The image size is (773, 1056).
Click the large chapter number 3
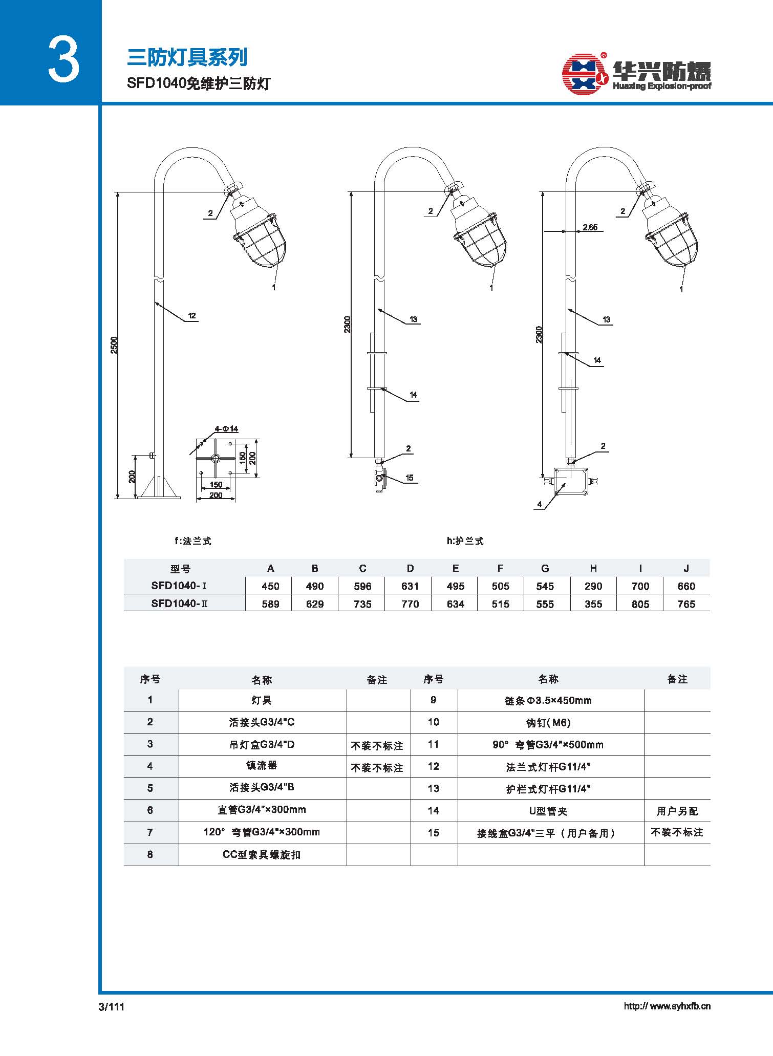pos(64,60)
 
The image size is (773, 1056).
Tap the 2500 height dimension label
pos(114,345)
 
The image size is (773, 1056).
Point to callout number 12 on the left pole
pos(192,316)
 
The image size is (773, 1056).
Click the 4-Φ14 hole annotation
pos(226,429)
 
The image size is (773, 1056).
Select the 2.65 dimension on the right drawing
pos(590,227)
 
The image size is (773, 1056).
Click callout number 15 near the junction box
pos(410,478)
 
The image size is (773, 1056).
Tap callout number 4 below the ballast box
pos(540,504)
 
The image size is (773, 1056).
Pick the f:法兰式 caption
pos(192,541)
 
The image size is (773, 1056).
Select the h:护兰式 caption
pos(465,541)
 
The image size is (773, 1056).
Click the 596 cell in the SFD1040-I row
pos(362,586)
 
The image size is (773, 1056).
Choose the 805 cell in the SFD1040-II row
pos(640,604)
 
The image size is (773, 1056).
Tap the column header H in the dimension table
pos(593,568)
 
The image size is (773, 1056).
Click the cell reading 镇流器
pos(262,765)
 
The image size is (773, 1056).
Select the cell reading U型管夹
pos(548,811)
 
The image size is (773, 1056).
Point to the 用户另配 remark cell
pos(677,811)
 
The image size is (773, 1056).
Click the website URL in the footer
pos(667,1006)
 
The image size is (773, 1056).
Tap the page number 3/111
pos(112,1007)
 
